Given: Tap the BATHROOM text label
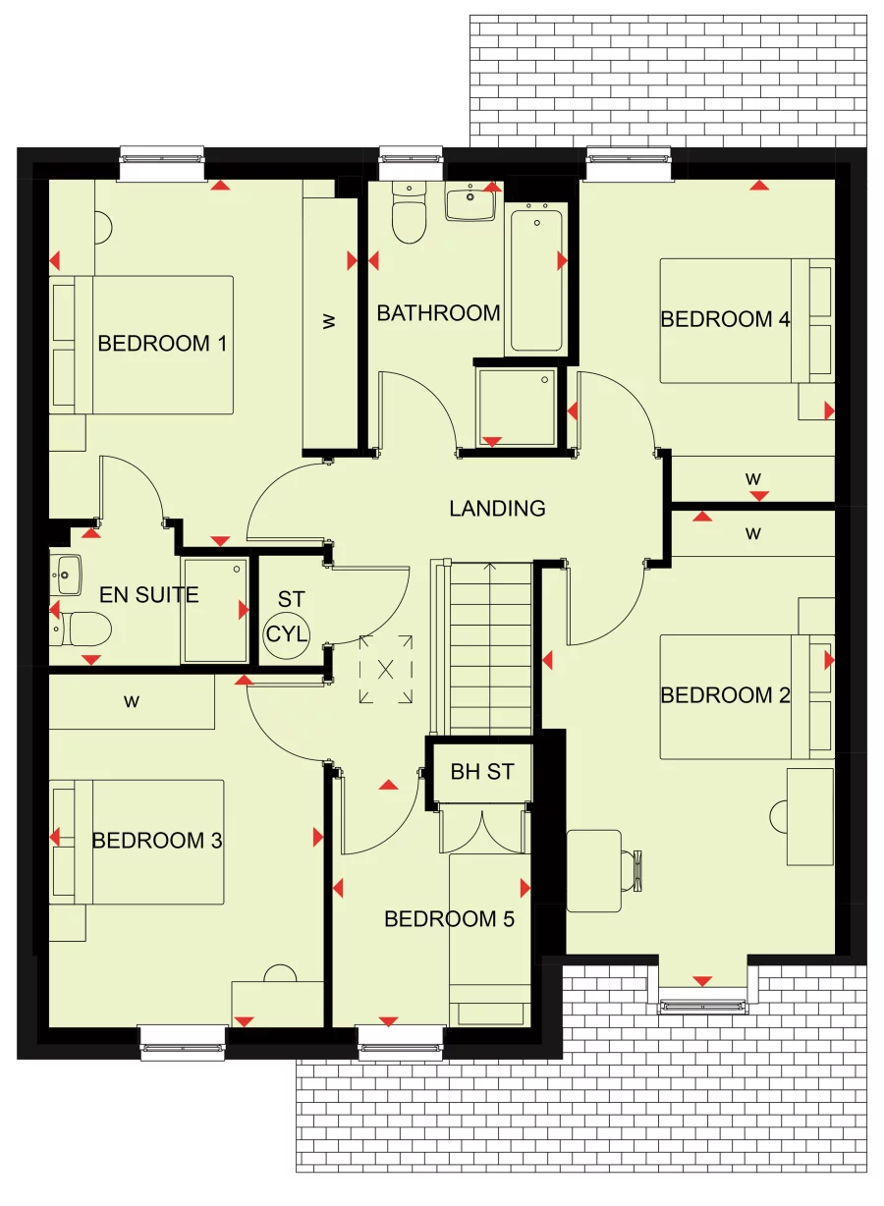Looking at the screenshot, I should pyautogui.click(x=438, y=313).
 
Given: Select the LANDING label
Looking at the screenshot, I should pyautogui.click(x=497, y=509).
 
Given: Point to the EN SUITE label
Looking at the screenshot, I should pyautogui.click(x=149, y=594).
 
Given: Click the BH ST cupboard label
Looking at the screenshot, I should pyautogui.click(x=482, y=772).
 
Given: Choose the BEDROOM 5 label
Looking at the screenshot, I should pyautogui.click(x=449, y=919).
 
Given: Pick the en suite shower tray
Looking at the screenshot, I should pyautogui.click(x=214, y=610).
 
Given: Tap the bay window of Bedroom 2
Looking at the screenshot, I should pyautogui.click(x=702, y=1005).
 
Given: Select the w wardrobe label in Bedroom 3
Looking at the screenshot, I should pyautogui.click(x=131, y=701).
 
